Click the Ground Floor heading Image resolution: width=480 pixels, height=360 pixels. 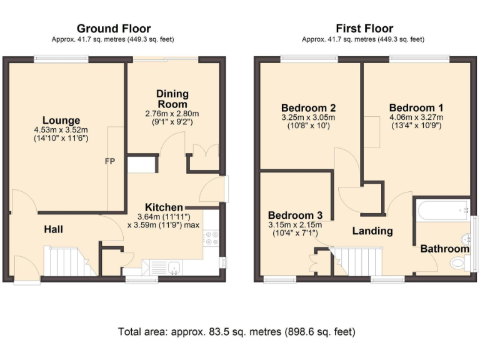coord(113,28)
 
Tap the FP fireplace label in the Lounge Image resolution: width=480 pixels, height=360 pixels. coord(109,161)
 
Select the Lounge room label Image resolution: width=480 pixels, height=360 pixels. coord(61,121)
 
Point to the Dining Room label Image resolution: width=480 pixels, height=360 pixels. coord(172,99)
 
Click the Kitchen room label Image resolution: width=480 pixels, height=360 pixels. coord(164,207)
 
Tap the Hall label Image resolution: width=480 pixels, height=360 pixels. coord(53,230)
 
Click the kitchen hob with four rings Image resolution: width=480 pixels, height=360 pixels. coord(211,237)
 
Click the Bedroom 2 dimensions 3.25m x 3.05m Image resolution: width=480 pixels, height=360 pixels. coord(308,117)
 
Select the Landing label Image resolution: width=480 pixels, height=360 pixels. coord(372,231)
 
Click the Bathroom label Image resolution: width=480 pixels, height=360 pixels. coord(444,249)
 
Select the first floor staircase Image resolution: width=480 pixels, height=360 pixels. coord(356,261)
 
